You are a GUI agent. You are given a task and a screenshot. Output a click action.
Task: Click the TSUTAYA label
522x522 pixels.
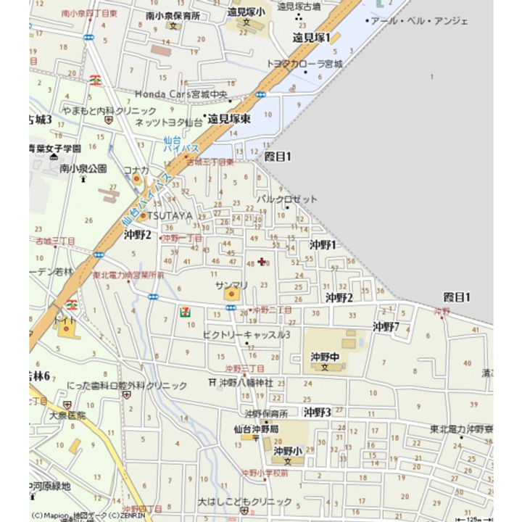pyautogui.click(x=172, y=216)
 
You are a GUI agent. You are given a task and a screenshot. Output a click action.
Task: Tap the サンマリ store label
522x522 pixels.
pyautogui.click(x=231, y=286)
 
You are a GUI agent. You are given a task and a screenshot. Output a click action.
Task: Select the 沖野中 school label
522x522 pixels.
pyautogui.click(x=325, y=356)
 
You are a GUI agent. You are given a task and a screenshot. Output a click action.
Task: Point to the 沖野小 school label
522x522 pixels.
pyautogui.click(x=287, y=451)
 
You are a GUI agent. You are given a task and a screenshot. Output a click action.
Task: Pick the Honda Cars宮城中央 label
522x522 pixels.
pyautogui.click(x=181, y=94)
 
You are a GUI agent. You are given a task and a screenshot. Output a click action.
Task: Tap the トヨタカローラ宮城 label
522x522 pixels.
pyautogui.click(x=305, y=64)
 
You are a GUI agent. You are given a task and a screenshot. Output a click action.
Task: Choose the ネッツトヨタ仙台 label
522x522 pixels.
pyautogui.click(x=169, y=122)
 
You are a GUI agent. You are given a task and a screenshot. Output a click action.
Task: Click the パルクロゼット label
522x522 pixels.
pyautogui.click(x=287, y=199)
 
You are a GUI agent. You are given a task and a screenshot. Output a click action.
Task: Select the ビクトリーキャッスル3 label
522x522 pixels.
pyautogui.click(x=246, y=334)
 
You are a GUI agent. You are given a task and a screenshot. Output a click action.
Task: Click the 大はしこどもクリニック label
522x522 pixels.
pyautogui.click(x=245, y=501)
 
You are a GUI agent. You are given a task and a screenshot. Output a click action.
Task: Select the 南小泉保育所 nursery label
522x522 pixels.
pyautogui.click(x=173, y=14)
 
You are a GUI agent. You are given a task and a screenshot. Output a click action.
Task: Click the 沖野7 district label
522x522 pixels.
pyautogui.click(x=386, y=327)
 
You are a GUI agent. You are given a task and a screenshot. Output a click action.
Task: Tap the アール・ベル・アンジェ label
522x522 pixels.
pyautogui.click(x=419, y=21)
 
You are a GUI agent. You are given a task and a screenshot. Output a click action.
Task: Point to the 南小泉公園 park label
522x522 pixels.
pyautogui.click(x=83, y=167)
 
